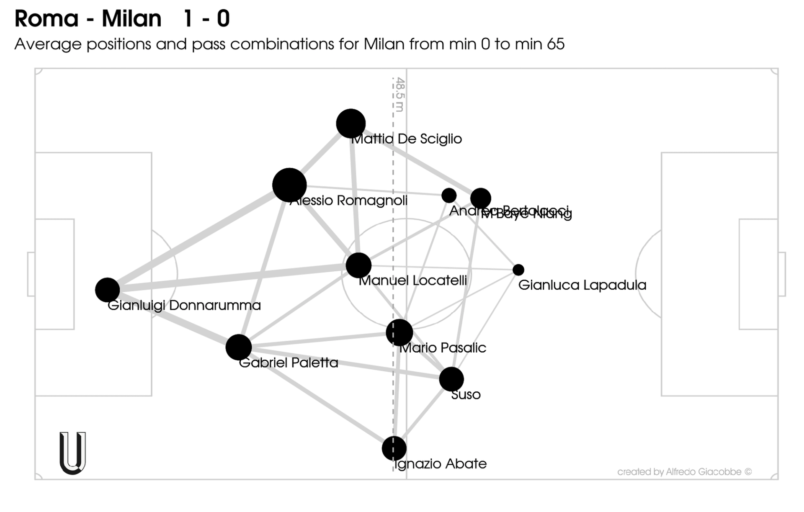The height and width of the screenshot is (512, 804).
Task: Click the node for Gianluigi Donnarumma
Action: [x=107, y=290]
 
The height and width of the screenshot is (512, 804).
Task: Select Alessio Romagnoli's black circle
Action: [x=289, y=185]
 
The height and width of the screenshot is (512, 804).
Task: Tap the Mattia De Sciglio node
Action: [x=351, y=123]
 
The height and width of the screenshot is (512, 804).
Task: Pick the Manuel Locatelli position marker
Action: [x=358, y=265]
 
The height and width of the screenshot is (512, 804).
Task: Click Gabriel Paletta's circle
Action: [x=239, y=347]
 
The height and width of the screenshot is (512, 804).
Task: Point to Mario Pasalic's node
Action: [x=399, y=332]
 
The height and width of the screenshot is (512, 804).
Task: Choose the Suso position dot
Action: [x=451, y=379]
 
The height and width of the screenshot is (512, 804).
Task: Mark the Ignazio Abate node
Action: [x=394, y=448]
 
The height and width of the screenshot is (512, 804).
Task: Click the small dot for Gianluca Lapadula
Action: [x=518, y=270]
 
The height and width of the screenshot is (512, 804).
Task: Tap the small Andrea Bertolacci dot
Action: [x=449, y=195]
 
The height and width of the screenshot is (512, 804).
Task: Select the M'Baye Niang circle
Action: [x=481, y=198]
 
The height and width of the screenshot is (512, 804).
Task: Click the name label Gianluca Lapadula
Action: [x=582, y=285]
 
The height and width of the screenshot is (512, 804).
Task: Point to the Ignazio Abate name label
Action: [x=441, y=464]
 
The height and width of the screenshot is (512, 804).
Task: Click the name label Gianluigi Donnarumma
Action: [x=184, y=305]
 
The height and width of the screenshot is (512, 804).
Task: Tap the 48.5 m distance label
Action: [x=400, y=95]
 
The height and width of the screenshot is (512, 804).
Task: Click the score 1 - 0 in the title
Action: [x=206, y=19]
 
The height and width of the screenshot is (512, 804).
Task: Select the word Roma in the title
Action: [x=46, y=19]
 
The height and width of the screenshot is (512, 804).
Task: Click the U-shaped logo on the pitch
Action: [x=72, y=453]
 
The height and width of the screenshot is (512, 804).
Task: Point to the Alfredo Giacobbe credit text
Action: [x=684, y=472]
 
